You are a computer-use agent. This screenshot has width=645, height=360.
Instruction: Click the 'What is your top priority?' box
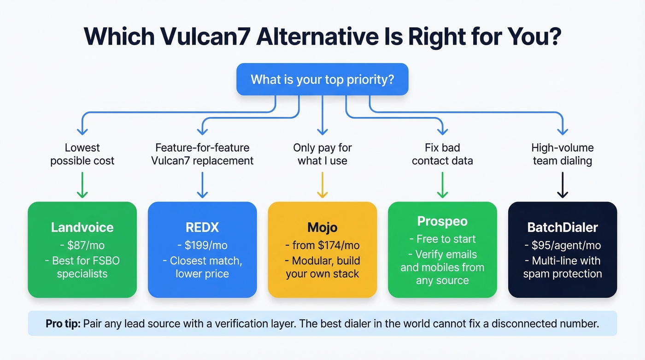[x=322, y=79]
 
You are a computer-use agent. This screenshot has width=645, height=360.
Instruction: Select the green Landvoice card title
[x=82, y=227]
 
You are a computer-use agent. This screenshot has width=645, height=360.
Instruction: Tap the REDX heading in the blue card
[x=202, y=227]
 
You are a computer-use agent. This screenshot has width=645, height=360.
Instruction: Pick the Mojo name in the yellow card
[x=322, y=227]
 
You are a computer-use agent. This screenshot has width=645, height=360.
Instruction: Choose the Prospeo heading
[x=442, y=221]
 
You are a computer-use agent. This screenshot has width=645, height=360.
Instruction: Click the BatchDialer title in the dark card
[x=562, y=227]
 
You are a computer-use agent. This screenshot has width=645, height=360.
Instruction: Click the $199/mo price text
[x=202, y=245]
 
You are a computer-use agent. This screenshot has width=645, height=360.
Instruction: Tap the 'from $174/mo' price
[x=322, y=245]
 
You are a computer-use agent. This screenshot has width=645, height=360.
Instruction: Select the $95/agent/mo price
[x=562, y=245]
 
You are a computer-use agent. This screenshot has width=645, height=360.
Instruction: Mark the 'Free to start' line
[x=442, y=239]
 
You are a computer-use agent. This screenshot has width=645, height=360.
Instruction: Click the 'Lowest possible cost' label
[x=82, y=154]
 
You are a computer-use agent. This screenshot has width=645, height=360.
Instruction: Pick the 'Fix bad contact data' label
[x=442, y=154]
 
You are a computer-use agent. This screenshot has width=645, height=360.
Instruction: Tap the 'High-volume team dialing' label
[x=562, y=154]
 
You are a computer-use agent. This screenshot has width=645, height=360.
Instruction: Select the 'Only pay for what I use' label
[x=322, y=154]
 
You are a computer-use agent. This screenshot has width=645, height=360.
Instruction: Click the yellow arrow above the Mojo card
[x=322, y=185]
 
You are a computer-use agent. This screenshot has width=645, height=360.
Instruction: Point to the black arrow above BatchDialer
[x=562, y=185]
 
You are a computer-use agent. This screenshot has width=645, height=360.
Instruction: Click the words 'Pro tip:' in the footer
[x=63, y=324]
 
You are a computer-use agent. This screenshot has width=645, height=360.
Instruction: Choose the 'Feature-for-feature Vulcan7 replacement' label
[x=202, y=154]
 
